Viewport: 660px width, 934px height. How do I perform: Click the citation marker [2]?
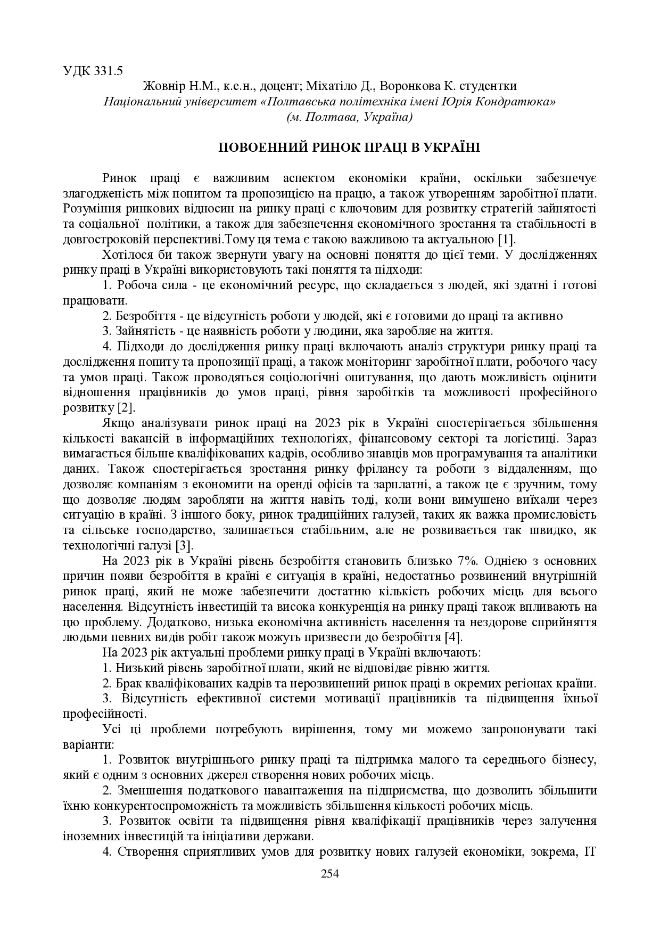(x=126, y=408)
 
